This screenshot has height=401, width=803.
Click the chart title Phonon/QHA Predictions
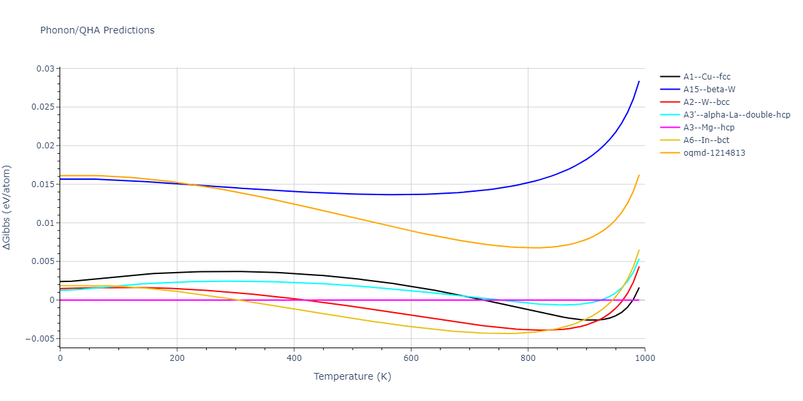(x=97, y=30)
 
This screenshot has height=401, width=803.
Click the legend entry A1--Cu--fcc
(x=706, y=77)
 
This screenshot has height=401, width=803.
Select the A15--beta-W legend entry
(x=709, y=90)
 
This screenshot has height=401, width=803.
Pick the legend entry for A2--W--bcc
(x=706, y=102)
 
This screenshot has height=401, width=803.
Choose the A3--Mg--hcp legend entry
(x=708, y=128)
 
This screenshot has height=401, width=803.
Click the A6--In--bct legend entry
(x=706, y=140)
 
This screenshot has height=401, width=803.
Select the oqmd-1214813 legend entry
(x=714, y=153)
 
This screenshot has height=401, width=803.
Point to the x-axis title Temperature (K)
(x=352, y=377)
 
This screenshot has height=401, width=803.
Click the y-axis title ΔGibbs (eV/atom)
(x=8, y=207)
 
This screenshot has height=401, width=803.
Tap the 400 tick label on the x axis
(x=294, y=358)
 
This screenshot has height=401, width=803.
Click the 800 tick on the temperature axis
(x=528, y=358)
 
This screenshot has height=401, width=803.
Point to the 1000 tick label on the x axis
(x=644, y=358)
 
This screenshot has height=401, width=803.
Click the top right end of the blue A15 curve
(x=639, y=82)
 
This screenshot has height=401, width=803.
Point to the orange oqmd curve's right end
(x=639, y=175)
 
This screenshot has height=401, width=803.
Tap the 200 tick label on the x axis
(x=177, y=358)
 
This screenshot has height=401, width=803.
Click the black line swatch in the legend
(x=670, y=77)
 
